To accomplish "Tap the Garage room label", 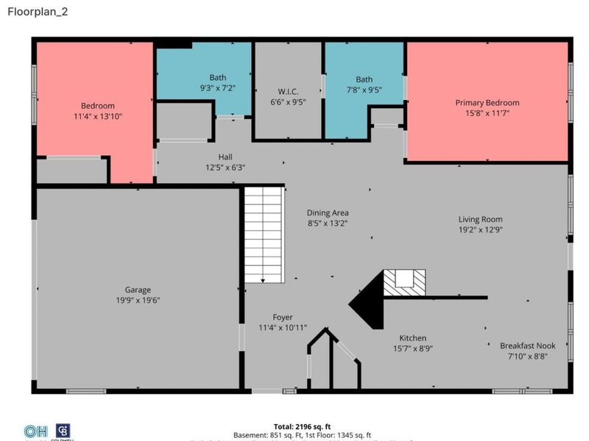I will coord(138,290).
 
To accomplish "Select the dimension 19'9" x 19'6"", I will coord(138,301).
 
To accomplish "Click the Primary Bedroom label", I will coord(487,103).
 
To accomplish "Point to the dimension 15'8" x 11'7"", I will coord(487,113).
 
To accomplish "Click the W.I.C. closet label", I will coord(288,92).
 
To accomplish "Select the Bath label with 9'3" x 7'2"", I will coord(217,77).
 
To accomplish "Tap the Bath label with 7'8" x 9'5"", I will coord(364,79).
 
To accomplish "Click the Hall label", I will coord(225,157).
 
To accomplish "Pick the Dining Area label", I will coord(328,213).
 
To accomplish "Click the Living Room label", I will coord(480,219).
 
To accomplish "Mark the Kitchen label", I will coord(413,338).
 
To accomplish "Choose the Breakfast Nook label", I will coord(527,345).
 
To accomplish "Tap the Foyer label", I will coord(283,318).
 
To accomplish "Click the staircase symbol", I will coord(264,234).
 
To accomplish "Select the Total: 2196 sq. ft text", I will coord(302,426).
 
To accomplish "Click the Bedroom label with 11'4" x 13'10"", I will coord(93,106).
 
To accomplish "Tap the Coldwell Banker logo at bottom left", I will coord(63,431).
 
